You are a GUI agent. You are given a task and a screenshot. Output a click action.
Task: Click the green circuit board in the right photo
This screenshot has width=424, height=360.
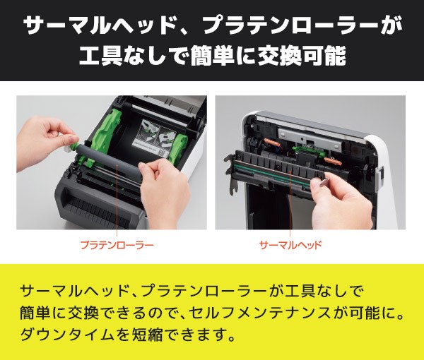(x=308, y=148)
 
